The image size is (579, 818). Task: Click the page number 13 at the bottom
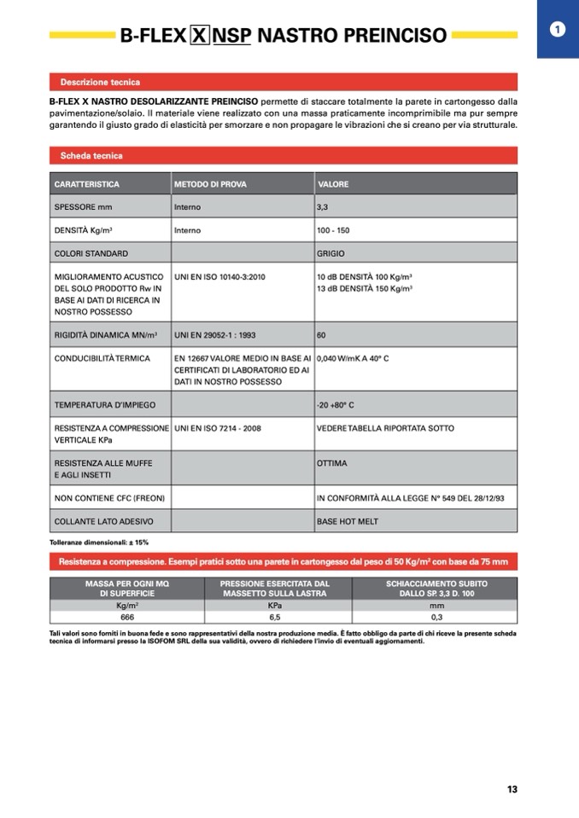512,789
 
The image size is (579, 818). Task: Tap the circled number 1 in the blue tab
558,30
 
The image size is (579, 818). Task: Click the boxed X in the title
198,36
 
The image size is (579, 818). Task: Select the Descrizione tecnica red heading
100,83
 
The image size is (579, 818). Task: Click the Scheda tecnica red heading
91,156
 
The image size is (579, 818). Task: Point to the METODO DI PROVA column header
210,184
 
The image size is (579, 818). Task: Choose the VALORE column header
333,184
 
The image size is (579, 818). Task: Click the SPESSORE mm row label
83,207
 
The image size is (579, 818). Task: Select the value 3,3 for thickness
322,207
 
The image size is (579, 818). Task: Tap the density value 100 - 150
333,230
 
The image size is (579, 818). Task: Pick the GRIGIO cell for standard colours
331,253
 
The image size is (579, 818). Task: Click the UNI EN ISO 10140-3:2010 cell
219,277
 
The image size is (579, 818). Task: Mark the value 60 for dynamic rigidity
321,335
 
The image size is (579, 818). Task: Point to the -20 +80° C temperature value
335,404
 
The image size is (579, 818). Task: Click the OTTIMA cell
330,463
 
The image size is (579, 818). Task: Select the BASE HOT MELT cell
347,521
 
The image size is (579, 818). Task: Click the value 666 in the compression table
127,617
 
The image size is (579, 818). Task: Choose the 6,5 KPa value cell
274,617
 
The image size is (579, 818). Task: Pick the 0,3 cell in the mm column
436,617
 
